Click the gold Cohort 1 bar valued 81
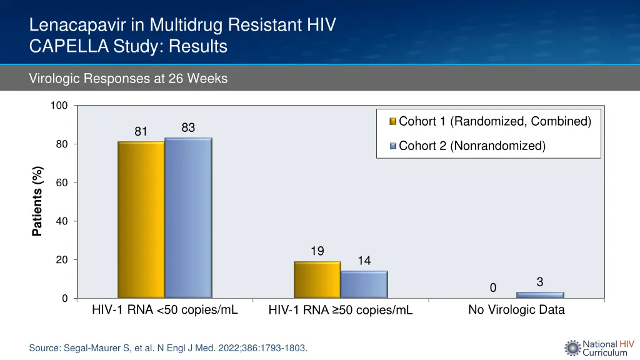tap(141, 219)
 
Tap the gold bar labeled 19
tap(317, 279)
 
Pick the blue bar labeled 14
tap(364, 284)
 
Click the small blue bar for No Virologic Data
tap(540, 294)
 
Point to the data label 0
tap(492, 287)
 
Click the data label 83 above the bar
tap(188, 127)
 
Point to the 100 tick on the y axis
tap(59, 106)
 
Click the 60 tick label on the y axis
tap(62, 182)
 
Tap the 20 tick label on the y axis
tap(62, 260)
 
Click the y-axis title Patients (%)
tap(37, 201)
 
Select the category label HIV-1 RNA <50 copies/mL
tap(165, 309)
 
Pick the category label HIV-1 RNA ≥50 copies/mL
tap(341, 310)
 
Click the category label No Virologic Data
tap(516, 309)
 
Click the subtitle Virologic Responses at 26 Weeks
tap(128, 79)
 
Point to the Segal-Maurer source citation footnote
tap(168, 348)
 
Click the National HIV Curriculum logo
tap(599, 347)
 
